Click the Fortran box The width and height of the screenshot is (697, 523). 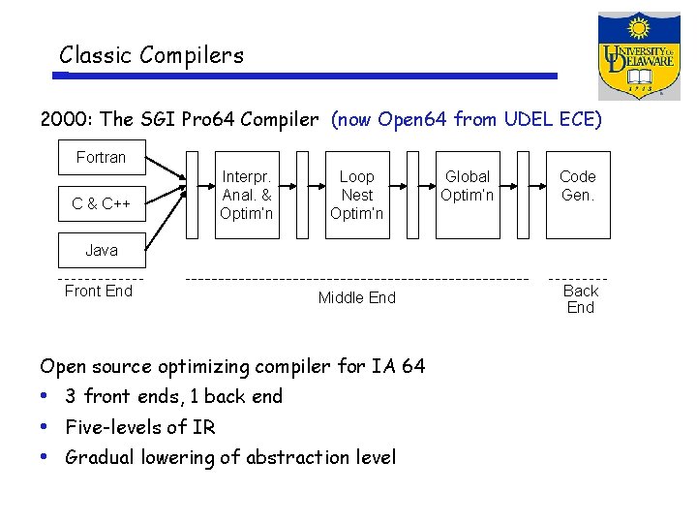click(x=101, y=157)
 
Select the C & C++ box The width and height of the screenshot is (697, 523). click(x=101, y=203)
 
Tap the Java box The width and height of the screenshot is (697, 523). click(x=101, y=250)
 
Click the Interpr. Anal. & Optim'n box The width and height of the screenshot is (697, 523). click(x=247, y=195)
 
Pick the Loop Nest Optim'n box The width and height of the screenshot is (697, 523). click(x=356, y=195)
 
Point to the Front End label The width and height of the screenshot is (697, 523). click(x=98, y=291)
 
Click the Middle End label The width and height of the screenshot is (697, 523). click(x=356, y=297)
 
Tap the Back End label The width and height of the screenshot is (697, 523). click(x=580, y=298)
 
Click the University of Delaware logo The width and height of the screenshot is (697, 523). click(x=638, y=55)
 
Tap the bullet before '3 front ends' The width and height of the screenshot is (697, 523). click(x=45, y=396)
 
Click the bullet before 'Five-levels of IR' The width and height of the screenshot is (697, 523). click(x=45, y=426)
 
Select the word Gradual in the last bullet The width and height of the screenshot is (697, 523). click(x=100, y=457)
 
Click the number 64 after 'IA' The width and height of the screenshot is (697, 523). click(x=412, y=366)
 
